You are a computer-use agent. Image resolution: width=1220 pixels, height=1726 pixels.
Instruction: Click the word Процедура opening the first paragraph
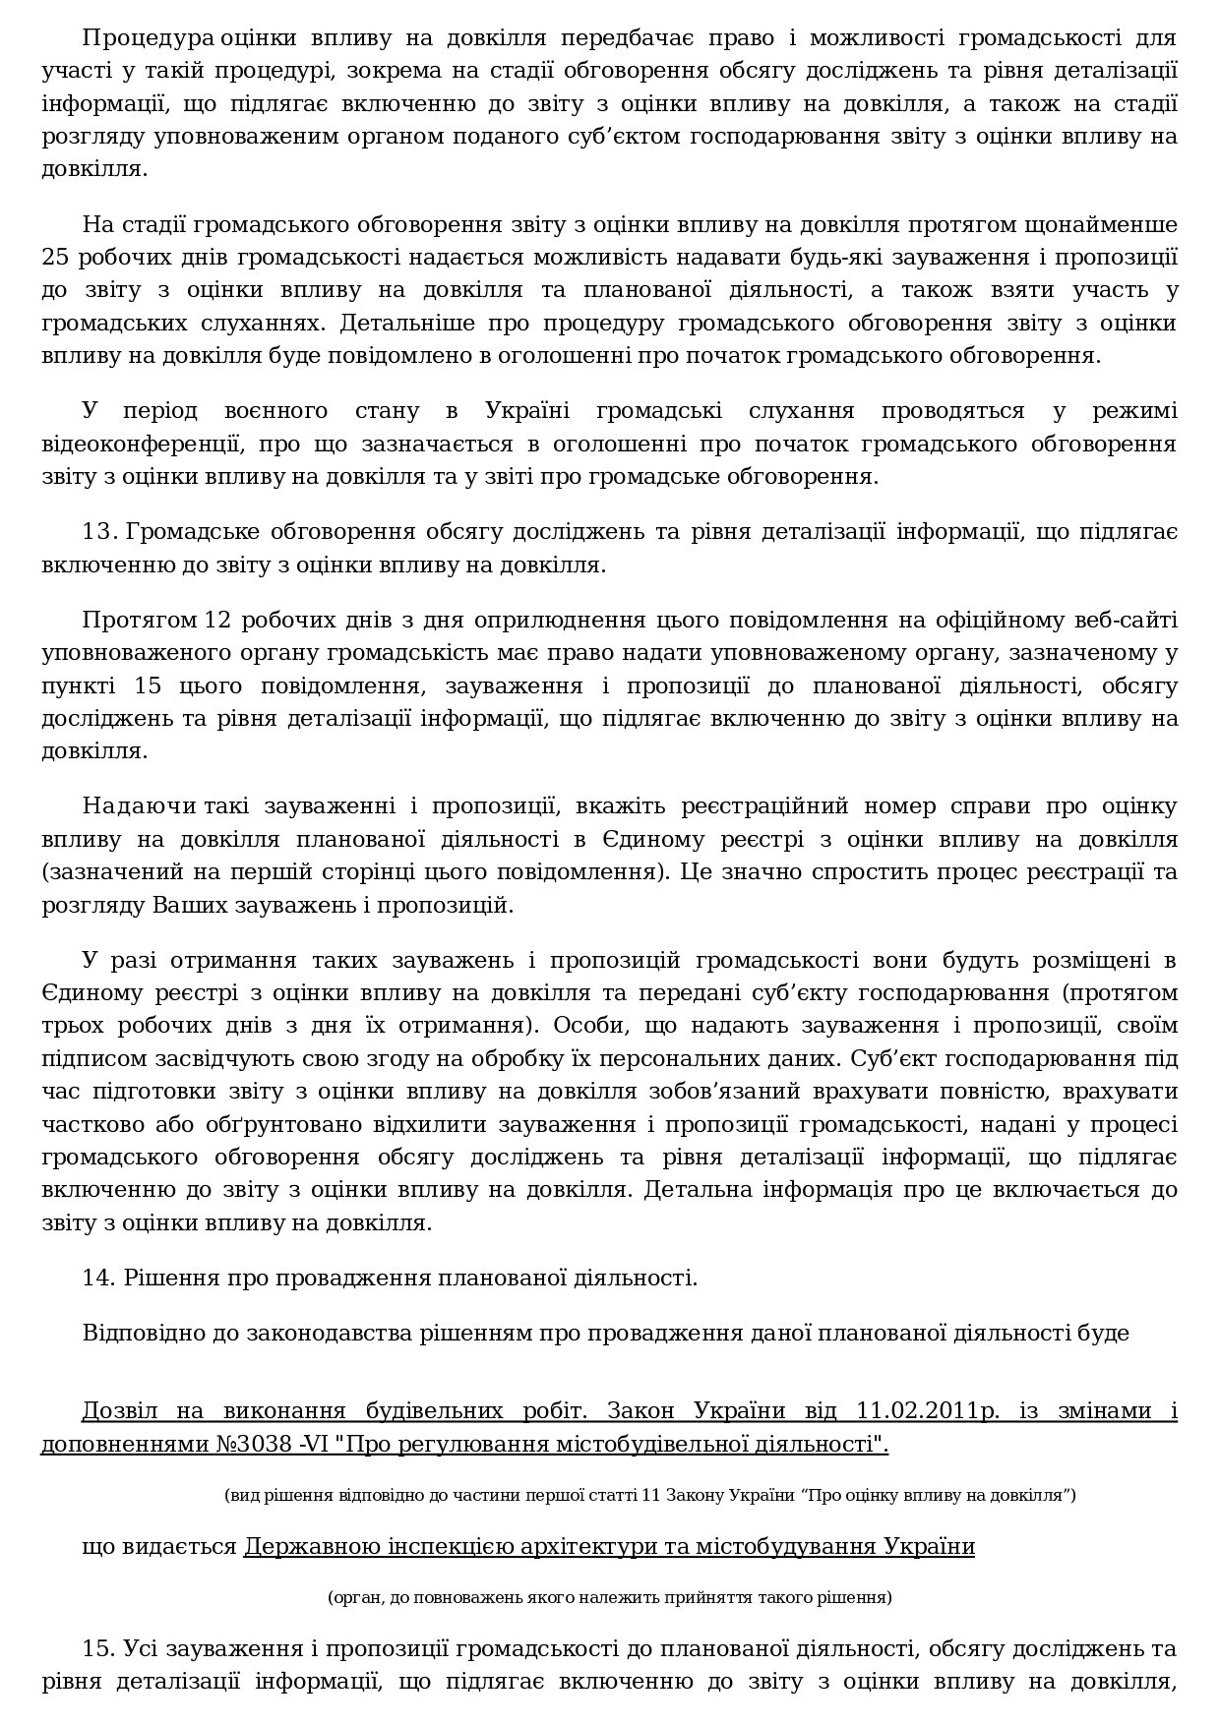click(x=149, y=38)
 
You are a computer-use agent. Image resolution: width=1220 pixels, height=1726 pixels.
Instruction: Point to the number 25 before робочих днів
click(x=54, y=258)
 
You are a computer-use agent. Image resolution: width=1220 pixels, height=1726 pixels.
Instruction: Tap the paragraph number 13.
click(x=99, y=532)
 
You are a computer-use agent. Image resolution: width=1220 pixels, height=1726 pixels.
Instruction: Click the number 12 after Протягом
click(x=217, y=621)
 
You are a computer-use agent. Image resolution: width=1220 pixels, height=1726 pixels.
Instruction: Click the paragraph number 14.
click(x=99, y=1279)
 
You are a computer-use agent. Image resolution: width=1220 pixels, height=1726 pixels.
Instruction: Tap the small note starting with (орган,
click(x=609, y=1597)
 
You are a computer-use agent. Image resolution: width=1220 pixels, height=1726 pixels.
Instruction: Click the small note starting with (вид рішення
click(x=649, y=1495)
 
